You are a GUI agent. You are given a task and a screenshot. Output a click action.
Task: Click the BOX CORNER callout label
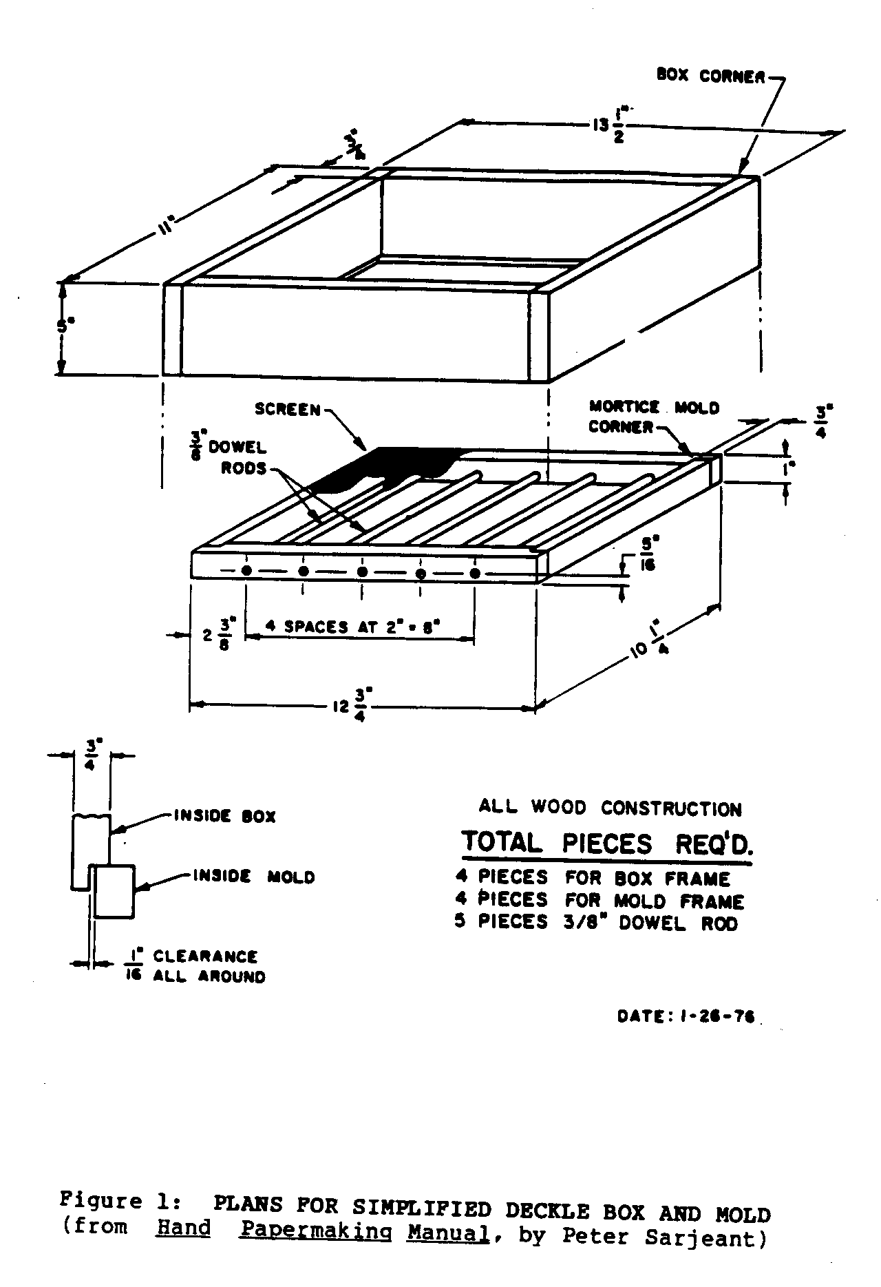[x=710, y=76]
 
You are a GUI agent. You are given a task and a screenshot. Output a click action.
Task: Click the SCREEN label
[x=288, y=410]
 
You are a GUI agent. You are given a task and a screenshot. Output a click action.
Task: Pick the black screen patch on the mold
[x=385, y=467]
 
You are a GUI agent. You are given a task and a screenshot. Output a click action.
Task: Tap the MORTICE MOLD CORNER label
[x=654, y=417]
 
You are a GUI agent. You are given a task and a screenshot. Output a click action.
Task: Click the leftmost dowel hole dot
[x=246, y=570]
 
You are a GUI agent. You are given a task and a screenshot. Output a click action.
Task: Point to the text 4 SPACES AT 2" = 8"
[x=352, y=627]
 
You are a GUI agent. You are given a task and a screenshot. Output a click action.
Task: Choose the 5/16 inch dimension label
[x=647, y=555]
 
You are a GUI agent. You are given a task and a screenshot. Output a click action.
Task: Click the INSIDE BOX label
[x=224, y=817]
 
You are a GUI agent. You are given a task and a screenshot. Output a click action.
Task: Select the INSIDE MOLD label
[x=253, y=877]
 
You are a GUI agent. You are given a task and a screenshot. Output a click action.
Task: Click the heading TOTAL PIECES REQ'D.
[x=606, y=843]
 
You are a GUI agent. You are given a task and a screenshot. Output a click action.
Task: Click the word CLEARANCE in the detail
[x=205, y=956]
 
